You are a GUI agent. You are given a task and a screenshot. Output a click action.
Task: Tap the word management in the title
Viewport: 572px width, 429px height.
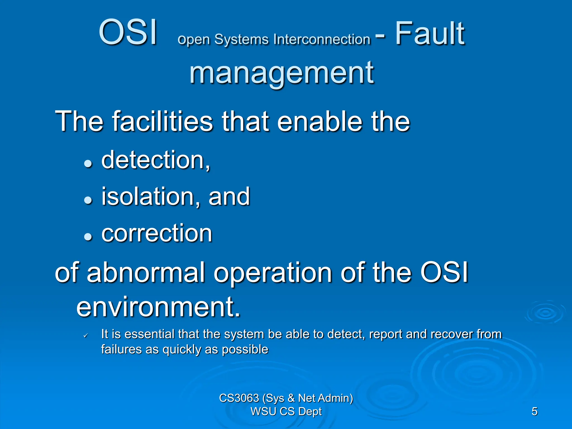click(282, 73)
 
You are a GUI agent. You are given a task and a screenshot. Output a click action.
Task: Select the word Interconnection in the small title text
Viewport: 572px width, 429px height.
click(322, 39)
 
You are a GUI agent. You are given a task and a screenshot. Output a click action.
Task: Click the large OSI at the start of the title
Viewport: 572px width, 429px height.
click(128, 33)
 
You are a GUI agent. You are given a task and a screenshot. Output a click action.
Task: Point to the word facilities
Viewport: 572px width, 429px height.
click(163, 121)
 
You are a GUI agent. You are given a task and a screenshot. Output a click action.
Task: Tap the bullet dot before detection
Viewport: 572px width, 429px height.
click(88, 164)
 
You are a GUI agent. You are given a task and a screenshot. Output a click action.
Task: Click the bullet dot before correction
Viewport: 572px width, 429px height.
click(88, 237)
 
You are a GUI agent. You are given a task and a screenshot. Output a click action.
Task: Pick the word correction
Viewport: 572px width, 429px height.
click(157, 233)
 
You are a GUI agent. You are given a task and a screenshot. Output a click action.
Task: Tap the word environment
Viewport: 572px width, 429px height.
click(158, 307)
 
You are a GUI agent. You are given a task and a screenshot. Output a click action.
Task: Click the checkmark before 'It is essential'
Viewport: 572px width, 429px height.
click(86, 335)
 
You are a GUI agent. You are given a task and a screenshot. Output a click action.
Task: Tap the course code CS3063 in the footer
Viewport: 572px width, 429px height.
click(239, 398)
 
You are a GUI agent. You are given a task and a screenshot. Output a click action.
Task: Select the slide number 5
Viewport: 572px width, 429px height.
click(534, 411)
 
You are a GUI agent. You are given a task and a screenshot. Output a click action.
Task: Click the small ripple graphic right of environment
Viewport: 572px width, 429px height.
click(545, 313)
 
